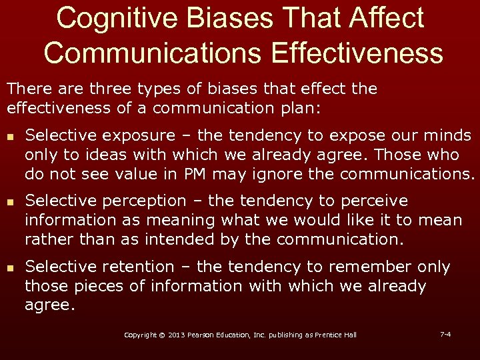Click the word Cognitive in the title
(109, 18)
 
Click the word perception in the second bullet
(153, 201)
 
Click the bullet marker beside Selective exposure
(9, 136)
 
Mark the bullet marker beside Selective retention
(9, 267)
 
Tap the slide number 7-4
(445, 333)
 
